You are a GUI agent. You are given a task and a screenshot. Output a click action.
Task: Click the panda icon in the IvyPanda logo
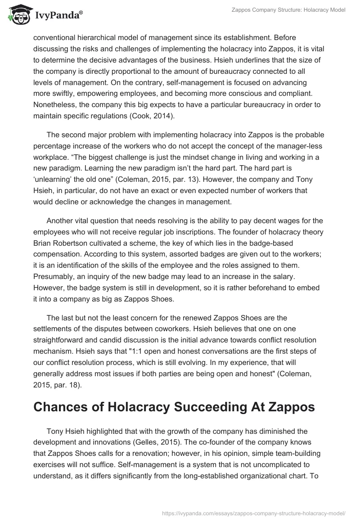(17, 15)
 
